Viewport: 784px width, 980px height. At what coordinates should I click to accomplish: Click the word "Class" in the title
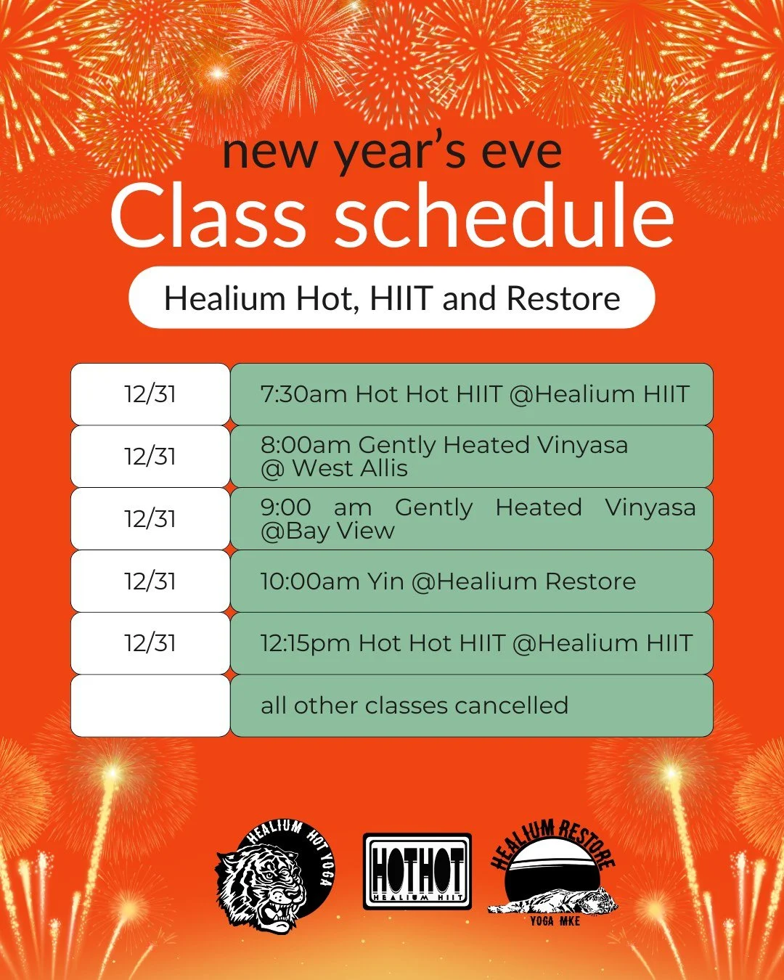208,216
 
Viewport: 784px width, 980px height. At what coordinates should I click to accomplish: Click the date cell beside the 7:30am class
150,394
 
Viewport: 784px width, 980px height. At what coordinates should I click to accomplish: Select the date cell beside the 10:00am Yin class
150,581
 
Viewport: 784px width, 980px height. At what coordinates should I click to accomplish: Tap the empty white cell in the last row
150,706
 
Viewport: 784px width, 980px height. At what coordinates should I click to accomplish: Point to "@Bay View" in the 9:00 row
327,531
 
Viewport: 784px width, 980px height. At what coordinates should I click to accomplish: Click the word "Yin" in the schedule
385,581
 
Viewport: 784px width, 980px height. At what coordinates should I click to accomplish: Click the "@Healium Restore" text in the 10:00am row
523,581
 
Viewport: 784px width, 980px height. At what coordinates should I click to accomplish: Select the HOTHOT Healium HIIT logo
417,871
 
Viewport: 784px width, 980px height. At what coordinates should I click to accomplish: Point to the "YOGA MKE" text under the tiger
555,920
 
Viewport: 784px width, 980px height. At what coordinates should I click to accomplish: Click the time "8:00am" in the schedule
306,444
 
